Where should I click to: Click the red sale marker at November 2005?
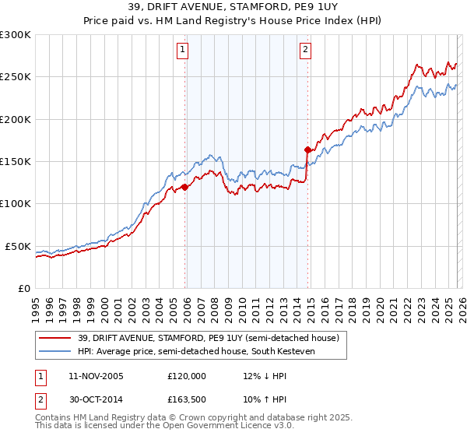point(185,187)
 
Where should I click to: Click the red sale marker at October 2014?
point(308,149)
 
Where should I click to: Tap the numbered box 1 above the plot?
point(182,51)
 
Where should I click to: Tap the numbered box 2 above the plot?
point(305,51)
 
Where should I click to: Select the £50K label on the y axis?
point(18,246)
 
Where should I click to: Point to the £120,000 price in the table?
point(186,376)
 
